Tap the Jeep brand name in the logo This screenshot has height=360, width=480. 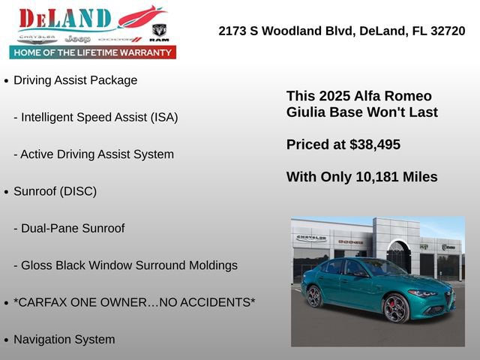click(77, 38)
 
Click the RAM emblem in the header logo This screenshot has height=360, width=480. click(159, 32)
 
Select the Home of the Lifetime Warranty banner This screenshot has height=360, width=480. click(93, 52)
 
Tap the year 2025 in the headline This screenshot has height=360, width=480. click(334, 96)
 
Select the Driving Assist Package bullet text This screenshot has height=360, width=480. click(75, 80)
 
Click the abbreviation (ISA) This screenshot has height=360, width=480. click(161, 117)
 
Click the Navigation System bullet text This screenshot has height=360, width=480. click(64, 339)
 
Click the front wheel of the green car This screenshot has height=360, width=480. click(395, 307)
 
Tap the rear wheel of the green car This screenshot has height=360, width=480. click(315, 296)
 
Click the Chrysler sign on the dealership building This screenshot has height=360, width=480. click(312, 238)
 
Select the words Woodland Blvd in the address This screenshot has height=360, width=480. click(301, 31)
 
